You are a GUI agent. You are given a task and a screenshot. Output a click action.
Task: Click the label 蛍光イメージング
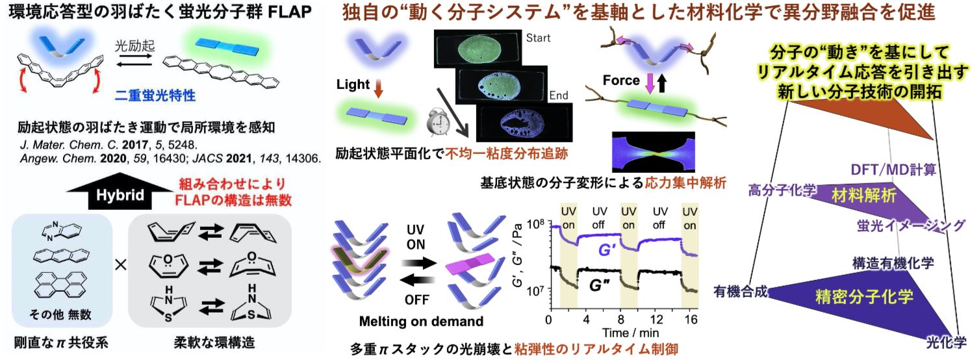tap(910, 225)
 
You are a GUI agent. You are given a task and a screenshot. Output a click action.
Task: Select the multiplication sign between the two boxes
tap(119, 266)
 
